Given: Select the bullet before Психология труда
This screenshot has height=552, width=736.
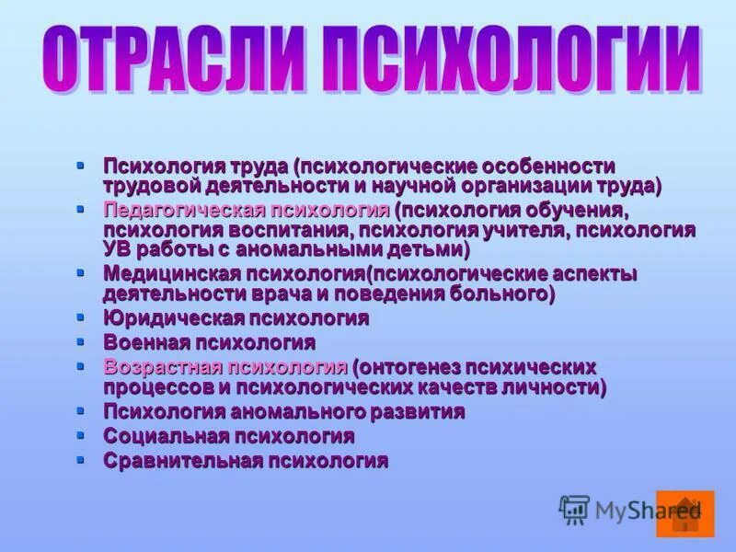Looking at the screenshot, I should click(80, 165).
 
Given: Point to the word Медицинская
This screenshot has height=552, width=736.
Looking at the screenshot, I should click(171, 274).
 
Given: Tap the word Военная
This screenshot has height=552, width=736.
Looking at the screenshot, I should click(145, 343).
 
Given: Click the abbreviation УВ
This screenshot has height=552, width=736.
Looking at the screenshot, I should click(117, 249).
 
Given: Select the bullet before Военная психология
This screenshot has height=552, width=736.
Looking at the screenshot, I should click(80, 341).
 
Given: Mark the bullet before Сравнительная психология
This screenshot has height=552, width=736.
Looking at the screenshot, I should click(80, 459).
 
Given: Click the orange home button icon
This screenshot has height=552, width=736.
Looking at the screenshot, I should click(685, 513).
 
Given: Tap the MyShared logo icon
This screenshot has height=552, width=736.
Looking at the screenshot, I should click(574, 510).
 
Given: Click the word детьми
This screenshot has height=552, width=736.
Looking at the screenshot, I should click(427, 249).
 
